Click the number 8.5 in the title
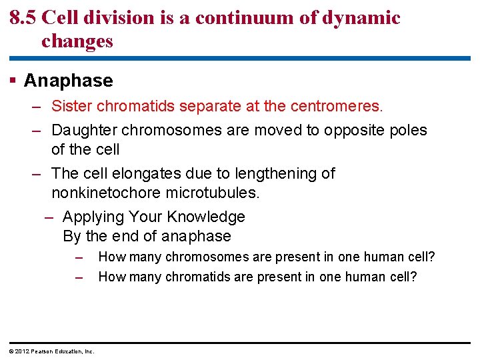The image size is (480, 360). (x=23, y=17)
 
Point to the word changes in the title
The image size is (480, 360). (x=77, y=41)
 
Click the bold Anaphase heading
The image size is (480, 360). (x=68, y=81)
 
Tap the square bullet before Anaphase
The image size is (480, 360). (x=13, y=81)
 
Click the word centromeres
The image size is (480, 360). (x=341, y=106)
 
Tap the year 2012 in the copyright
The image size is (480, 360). (x=22, y=351)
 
